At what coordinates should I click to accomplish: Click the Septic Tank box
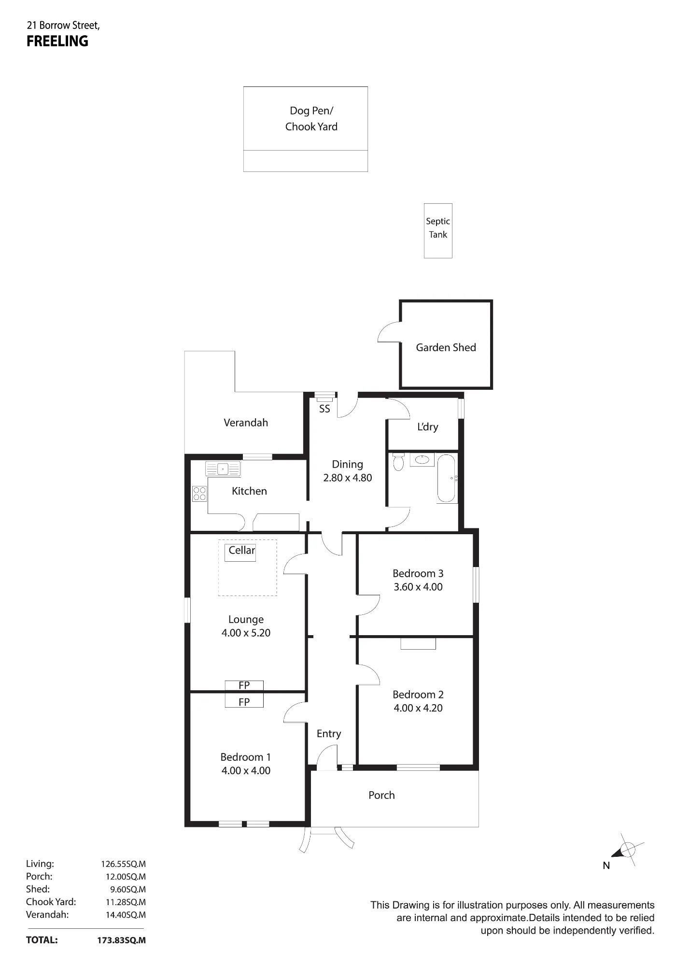(438, 230)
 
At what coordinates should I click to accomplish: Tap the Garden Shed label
(446, 347)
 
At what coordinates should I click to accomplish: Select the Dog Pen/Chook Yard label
(311, 118)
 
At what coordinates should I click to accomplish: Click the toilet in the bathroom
(398, 462)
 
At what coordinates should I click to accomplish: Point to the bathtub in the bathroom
(447, 479)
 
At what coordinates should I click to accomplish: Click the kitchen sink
(223, 469)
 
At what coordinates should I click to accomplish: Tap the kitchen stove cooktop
(199, 493)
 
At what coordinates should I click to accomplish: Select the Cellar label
(241, 550)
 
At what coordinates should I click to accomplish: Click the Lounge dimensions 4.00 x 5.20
(246, 633)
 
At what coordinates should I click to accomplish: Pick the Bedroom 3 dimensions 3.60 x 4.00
(418, 587)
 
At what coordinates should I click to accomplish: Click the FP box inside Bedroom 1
(244, 701)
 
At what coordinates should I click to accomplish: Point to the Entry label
(329, 734)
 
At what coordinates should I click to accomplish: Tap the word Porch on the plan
(381, 795)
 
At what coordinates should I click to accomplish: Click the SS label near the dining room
(324, 409)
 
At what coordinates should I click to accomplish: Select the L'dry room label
(428, 426)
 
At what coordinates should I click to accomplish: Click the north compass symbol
(627, 850)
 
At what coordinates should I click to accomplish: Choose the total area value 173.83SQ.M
(121, 940)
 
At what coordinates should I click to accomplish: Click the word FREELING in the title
(57, 42)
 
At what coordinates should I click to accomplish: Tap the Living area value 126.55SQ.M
(123, 864)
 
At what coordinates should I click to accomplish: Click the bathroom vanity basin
(422, 460)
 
